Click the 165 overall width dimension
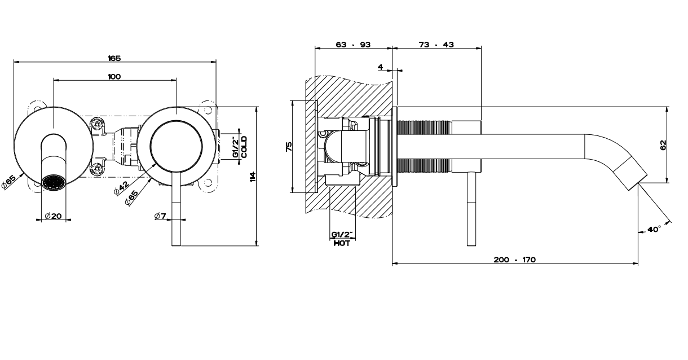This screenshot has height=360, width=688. [114, 58]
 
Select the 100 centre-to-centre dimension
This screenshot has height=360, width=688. [114, 76]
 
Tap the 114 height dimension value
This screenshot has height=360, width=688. [253, 177]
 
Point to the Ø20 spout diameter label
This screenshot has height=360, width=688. [53, 216]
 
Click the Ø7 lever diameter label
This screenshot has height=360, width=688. [160, 216]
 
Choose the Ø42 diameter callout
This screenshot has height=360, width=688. [121, 188]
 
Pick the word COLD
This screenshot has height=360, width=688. [244, 147]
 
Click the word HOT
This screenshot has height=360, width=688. [342, 244]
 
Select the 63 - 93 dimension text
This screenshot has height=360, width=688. [353, 45]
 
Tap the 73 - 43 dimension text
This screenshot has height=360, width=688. [436, 45]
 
